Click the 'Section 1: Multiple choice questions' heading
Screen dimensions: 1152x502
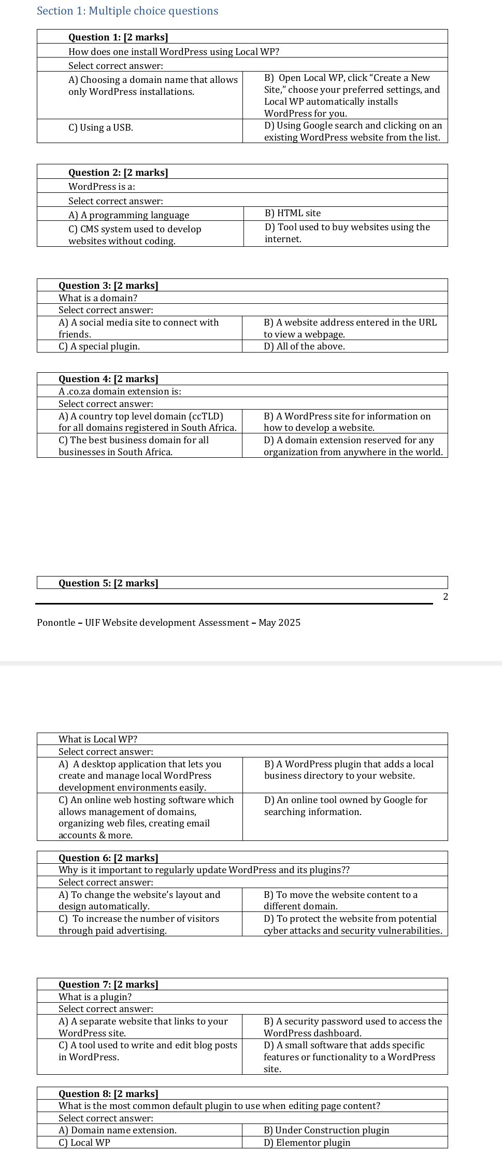(x=127, y=11)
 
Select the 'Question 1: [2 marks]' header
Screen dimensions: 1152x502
(x=118, y=37)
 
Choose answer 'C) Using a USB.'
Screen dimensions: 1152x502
(x=101, y=128)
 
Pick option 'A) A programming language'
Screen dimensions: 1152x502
(x=128, y=215)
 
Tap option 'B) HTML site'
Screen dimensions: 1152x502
(x=292, y=213)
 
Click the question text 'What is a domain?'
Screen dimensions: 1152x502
(x=97, y=298)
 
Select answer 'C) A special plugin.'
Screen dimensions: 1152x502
(x=99, y=346)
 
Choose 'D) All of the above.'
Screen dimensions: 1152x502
(x=304, y=346)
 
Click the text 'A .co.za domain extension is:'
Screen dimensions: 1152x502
(x=120, y=391)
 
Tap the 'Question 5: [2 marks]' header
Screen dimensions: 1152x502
(x=108, y=583)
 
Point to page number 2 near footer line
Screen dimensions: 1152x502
(x=446, y=597)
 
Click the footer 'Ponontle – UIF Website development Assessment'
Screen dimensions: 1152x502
(x=168, y=623)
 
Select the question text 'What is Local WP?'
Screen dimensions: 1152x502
(x=97, y=739)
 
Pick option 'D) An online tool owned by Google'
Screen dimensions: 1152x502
(x=345, y=806)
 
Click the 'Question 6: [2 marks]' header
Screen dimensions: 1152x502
(x=108, y=858)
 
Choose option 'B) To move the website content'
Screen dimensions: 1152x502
(x=340, y=900)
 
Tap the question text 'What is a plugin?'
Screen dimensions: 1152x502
(x=95, y=996)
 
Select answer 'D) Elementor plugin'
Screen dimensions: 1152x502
(x=307, y=1143)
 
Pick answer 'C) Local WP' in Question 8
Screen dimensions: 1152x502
(x=84, y=1143)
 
